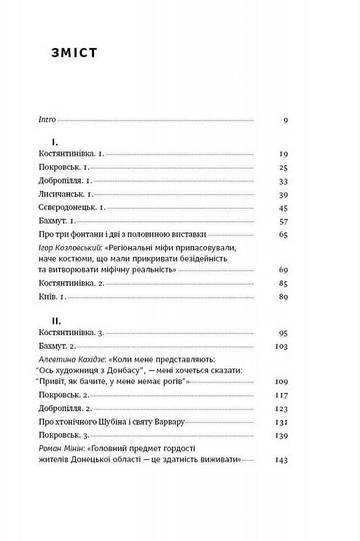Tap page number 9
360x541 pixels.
(286, 121)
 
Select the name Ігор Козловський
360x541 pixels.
(70, 248)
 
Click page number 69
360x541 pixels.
(284, 270)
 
